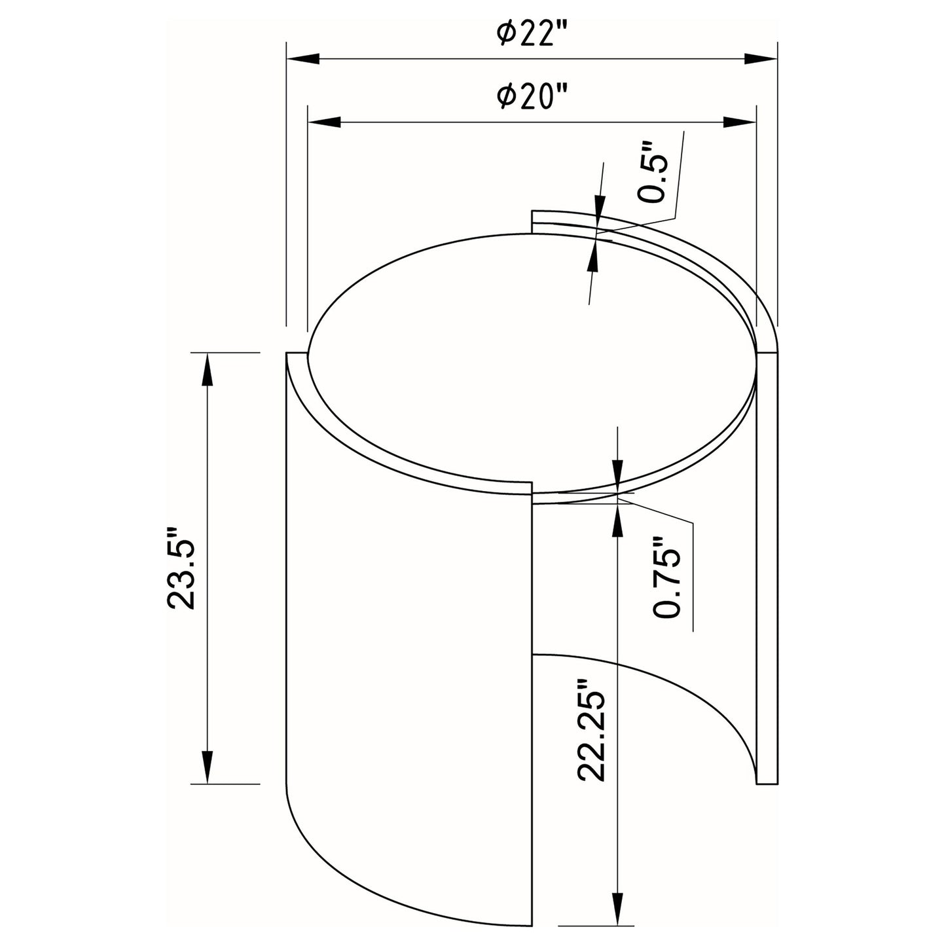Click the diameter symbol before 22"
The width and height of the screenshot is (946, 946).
(505, 33)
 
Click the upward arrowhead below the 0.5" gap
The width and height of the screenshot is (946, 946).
(594, 256)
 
